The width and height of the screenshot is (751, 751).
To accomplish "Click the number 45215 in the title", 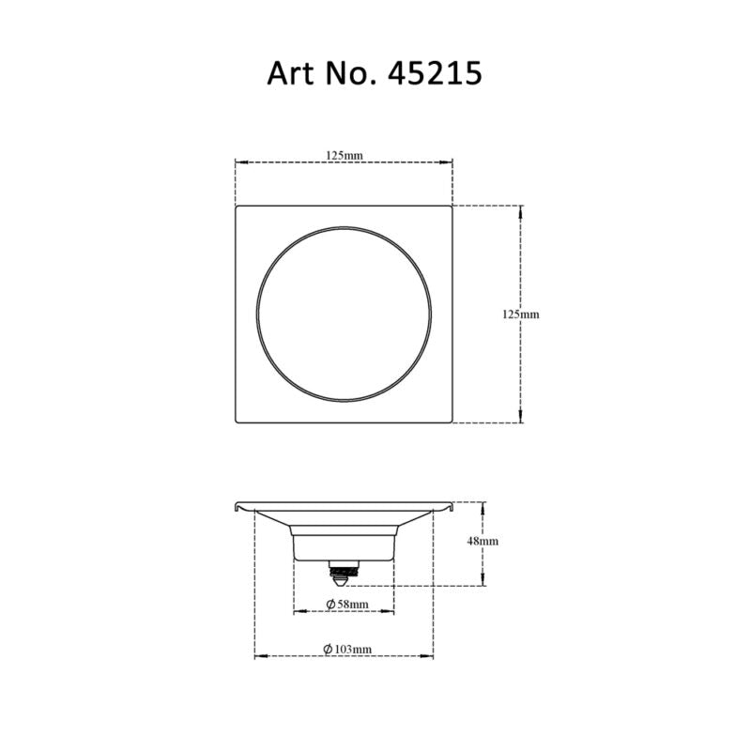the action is coord(435,73).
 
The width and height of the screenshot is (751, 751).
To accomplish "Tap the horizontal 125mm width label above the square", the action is coord(345,156).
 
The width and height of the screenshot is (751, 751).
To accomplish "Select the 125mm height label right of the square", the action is coord(521,314).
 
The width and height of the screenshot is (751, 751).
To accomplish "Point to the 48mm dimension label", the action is coord(483,542).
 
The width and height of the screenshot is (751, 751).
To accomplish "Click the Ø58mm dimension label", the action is coord(347,605).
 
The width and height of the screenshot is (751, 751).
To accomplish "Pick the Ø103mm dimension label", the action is coord(347,650).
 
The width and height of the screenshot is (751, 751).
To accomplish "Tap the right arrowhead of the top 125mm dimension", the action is coord(447,162).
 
